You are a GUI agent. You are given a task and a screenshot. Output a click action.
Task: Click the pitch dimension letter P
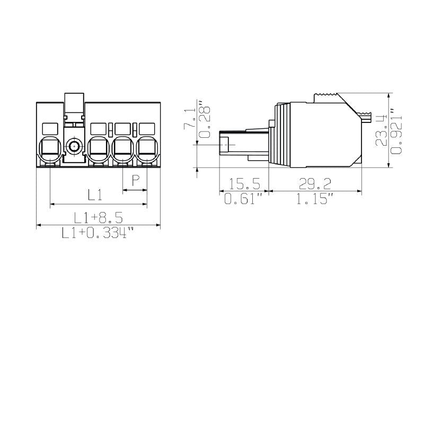tap(136, 180)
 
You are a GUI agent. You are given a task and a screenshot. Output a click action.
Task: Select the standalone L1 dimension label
tap(95, 195)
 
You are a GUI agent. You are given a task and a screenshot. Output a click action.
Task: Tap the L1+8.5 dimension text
tap(98, 217)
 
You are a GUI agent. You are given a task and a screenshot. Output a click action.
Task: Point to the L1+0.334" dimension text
tap(98, 233)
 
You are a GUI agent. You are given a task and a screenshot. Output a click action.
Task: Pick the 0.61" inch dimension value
tap(244, 199)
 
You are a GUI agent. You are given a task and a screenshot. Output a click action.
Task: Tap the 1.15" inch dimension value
tap(315, 199)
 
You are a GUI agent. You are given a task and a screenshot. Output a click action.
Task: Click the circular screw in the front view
tap(74, 146)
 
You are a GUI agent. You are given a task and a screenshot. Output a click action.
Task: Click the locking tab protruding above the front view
tap(74, 104)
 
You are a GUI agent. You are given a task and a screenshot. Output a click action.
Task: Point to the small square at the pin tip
tap(225, 145)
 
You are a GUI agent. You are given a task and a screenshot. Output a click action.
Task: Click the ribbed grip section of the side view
tap(282, 135)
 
